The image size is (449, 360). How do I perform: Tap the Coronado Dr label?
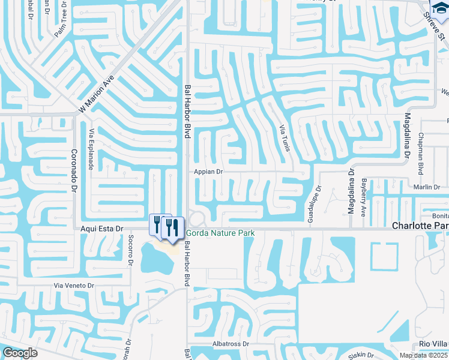coord(74,170)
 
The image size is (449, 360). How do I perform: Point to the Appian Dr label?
coord(208,172)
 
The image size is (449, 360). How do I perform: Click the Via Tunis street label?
coord(285,137)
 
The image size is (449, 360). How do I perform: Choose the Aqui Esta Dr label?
coord(101,229)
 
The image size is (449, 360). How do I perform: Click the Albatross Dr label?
coord(230,344)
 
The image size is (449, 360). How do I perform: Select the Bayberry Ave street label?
coord(363,196)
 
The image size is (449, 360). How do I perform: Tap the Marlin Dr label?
coord(427,187)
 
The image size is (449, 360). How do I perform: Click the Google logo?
coord(20,353)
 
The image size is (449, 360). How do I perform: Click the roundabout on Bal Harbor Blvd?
coord(196,217)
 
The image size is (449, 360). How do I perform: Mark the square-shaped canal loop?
coord(384,256)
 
